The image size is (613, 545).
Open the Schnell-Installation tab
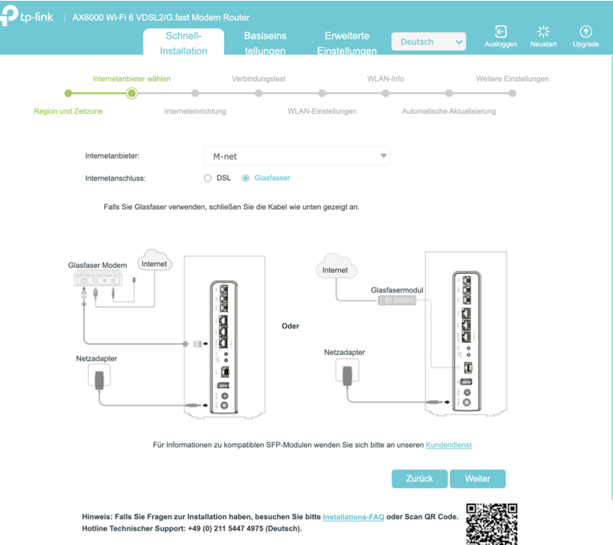(184, 43)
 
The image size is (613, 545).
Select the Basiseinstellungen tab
(265, 43)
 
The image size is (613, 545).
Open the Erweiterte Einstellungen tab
(347, 43)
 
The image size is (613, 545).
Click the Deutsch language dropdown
(428, 42)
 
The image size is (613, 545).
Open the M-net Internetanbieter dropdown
(297, 155)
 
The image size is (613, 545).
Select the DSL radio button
(208, 178)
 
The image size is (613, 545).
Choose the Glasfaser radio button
(246, 178)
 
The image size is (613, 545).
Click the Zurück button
(420, 478)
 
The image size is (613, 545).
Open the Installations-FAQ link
(353, 517)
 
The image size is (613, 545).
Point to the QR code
(492, 524)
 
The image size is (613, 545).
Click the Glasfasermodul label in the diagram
(396, 290)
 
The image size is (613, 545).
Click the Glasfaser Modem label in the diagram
(98, 265)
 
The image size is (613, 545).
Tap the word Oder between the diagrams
(290, 326)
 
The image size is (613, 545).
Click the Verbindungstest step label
(258, 79)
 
